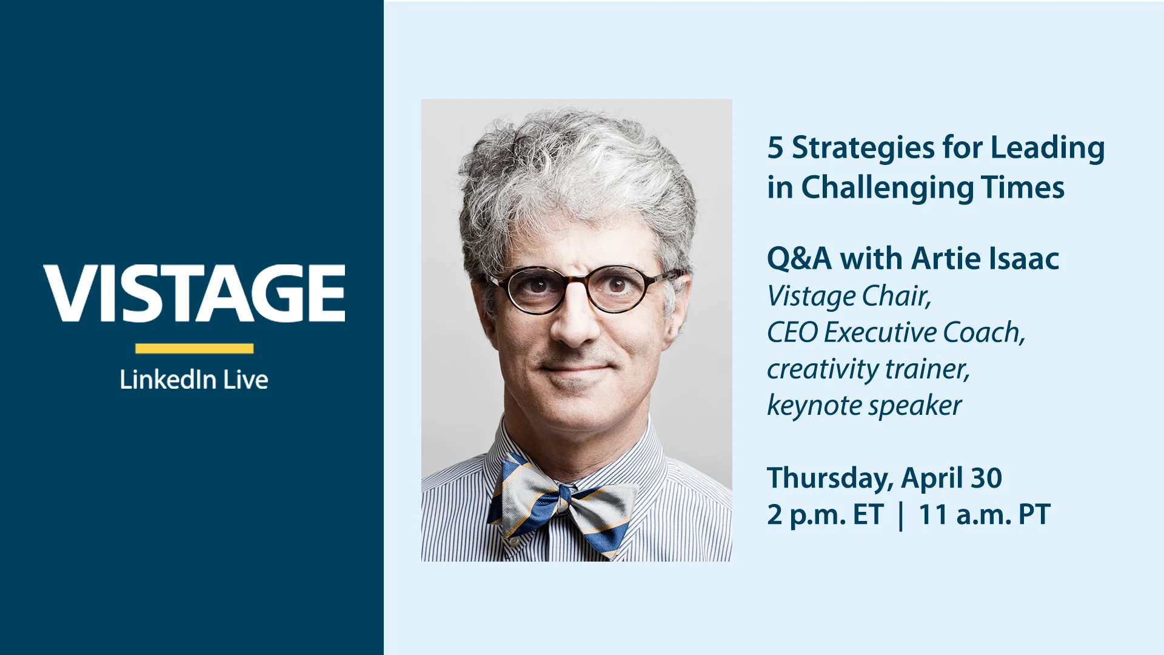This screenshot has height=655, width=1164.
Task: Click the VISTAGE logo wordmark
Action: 194,293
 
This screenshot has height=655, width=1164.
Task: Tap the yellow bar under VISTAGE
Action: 194,348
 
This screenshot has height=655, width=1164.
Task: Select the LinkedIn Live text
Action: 194,380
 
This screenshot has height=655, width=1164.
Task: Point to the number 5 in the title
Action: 775,147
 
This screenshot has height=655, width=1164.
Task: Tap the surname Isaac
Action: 1024,259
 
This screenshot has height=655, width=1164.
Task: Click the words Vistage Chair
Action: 849,297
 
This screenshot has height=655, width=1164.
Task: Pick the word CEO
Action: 792,332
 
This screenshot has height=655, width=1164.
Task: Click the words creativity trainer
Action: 868,369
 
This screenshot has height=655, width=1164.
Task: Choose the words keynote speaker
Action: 865,406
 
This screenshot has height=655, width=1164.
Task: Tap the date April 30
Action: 952,479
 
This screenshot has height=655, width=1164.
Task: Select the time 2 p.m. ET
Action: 825,515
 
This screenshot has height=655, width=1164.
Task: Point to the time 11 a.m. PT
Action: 985,515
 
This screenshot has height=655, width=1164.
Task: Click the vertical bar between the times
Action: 901,516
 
